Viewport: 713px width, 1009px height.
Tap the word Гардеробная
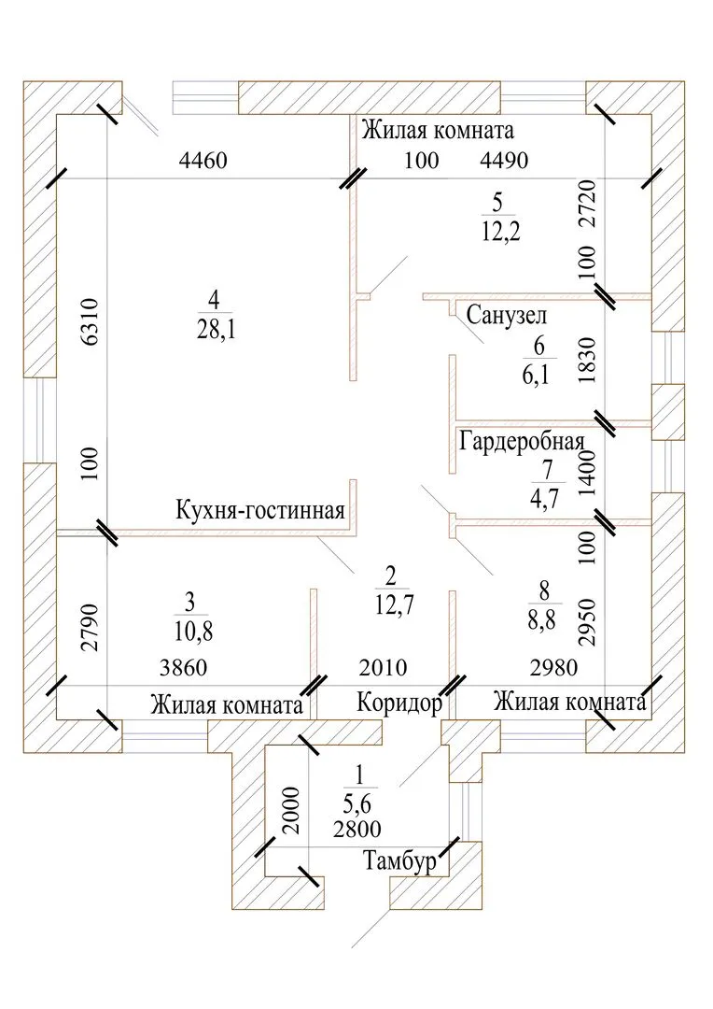(522, 441)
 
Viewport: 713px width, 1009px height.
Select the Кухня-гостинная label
(260, 510)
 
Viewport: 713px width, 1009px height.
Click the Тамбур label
(398, 863)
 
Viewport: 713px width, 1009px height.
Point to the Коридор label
(398, 703)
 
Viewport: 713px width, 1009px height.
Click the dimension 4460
(203, 161)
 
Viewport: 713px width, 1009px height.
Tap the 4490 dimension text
(504, 161)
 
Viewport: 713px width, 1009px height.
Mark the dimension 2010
(383, 668)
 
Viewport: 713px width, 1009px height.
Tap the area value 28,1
(216, 329)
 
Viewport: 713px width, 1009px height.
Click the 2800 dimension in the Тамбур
(356, 827)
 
